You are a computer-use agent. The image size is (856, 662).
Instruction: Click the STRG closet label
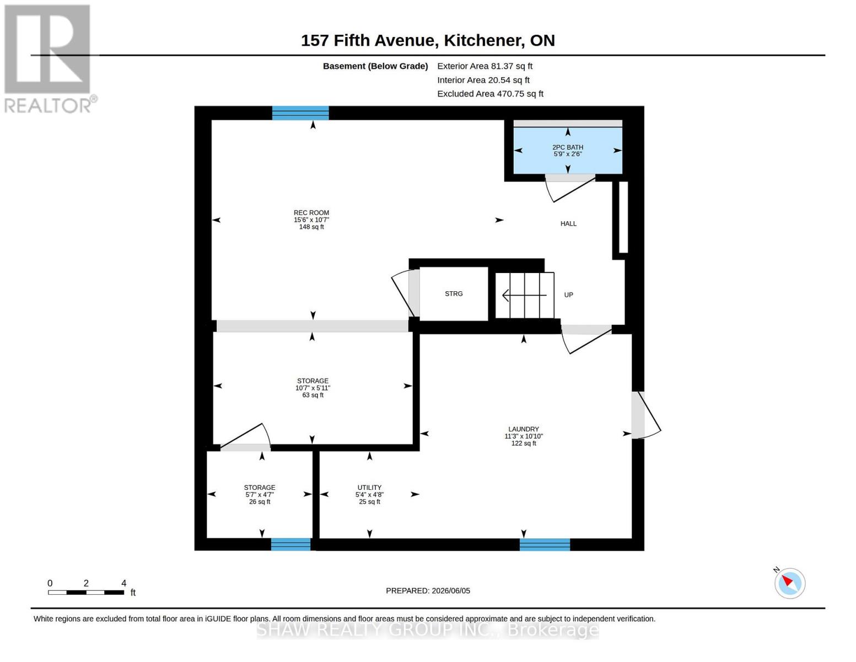coord(454,293)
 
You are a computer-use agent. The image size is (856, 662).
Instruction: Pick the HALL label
coord(568,223)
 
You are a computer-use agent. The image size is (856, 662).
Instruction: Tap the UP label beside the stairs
coord(568,295)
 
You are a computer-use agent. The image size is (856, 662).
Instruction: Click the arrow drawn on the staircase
coord(524,295)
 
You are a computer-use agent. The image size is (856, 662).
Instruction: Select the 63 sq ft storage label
coord(313,388)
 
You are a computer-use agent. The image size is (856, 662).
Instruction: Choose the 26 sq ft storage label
coord(260,494)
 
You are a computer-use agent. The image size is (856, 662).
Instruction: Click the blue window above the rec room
coord(300,113)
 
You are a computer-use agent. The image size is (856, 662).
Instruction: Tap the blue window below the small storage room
coord(290,544)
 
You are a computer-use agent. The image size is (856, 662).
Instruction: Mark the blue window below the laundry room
coord(545,544)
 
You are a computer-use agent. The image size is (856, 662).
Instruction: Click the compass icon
coord(790,583)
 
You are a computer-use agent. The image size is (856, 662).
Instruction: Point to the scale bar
coord(86,592)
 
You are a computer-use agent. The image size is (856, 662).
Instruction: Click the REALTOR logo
coord(49,59)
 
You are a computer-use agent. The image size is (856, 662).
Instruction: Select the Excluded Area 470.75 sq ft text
coord(490,94)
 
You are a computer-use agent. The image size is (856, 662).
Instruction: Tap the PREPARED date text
coord(428,591)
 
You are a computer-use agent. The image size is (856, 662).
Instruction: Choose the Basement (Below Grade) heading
coord(375,66)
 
